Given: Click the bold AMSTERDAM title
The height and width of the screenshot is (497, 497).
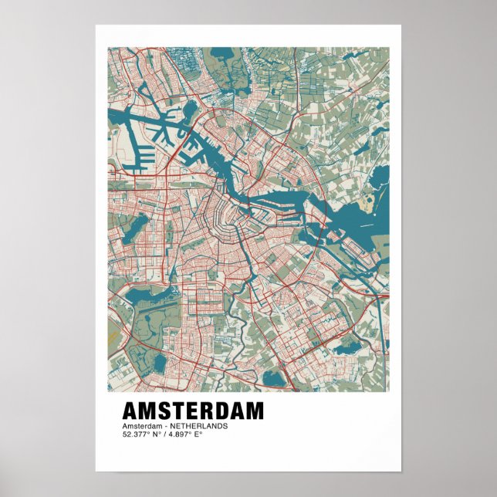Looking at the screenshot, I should coord(192,411).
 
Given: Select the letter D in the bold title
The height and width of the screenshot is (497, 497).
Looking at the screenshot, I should coord(218,411).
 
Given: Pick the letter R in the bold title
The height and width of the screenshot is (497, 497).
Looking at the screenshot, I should coord(203,411).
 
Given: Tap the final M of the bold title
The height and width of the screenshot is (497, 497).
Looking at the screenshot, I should coord(254,411).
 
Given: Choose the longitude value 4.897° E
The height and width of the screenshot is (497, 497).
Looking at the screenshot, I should coord(184,434).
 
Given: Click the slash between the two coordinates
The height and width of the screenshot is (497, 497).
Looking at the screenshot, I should coord(161,434).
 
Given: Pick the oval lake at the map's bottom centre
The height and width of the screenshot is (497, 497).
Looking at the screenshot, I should coord(273,378).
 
